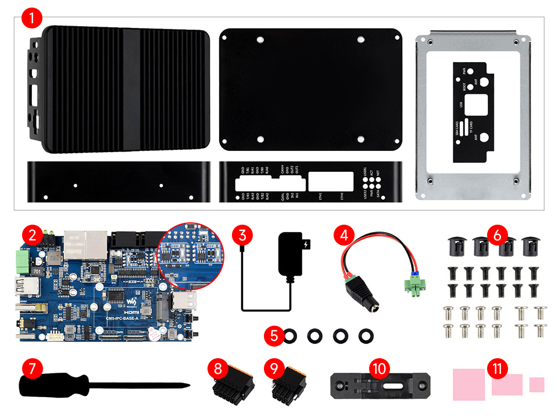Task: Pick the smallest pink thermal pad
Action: (x=536, y=384)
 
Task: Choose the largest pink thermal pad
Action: (x=468, y=384)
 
